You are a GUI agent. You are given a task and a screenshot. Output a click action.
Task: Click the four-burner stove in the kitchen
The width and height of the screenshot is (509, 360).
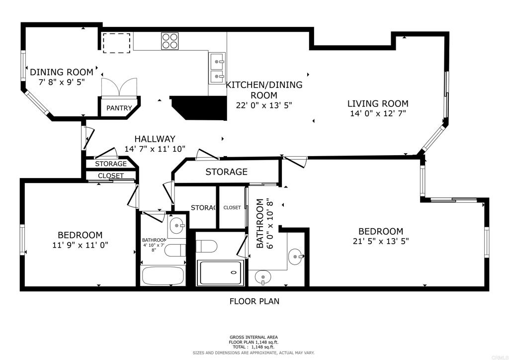[x=170, y=41]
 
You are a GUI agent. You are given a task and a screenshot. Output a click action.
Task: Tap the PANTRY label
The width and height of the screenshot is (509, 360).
[x=119, y=108]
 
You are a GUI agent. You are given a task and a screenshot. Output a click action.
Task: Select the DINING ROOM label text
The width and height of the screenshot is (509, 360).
[x=62, y=72]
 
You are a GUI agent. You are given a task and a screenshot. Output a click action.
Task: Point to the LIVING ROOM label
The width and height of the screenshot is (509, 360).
[x=378, y=103]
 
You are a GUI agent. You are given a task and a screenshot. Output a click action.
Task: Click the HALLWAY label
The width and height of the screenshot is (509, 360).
[x=155, y=139]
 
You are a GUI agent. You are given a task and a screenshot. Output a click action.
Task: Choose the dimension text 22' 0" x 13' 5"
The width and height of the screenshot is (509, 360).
[x=264, y=105]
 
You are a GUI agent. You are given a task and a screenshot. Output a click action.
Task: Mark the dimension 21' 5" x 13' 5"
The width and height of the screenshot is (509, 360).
[x=381, y=241]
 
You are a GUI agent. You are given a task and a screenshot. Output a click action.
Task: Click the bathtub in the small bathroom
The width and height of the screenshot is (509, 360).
[x=163, y=275]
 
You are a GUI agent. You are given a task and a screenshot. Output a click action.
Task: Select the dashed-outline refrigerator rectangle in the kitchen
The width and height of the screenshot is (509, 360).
[x=117, y=43]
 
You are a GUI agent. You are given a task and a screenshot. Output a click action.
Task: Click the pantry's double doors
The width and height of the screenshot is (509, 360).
[x=119, y=87]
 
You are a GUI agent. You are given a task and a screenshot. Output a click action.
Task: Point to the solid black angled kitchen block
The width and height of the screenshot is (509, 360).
[x=198, y=107]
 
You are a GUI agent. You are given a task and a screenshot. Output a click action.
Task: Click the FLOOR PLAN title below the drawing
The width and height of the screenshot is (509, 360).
[x=254, y=301]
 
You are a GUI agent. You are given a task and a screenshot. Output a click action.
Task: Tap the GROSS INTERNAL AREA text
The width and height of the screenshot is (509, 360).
[x=254, y=337]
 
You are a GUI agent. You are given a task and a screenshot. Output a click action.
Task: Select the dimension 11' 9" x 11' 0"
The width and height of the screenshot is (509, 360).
[x=80, y=245]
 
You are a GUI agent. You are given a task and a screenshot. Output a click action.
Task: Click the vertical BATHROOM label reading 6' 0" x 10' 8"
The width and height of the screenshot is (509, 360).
[x=265, y=224]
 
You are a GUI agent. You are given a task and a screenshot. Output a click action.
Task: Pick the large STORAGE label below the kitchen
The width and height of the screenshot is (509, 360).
[x=227, y=172]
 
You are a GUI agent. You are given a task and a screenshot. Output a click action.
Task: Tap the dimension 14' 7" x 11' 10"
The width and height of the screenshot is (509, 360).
[x=155, y=149]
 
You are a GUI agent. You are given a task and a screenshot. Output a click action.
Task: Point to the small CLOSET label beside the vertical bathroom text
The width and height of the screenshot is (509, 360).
[x=232, y=207]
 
